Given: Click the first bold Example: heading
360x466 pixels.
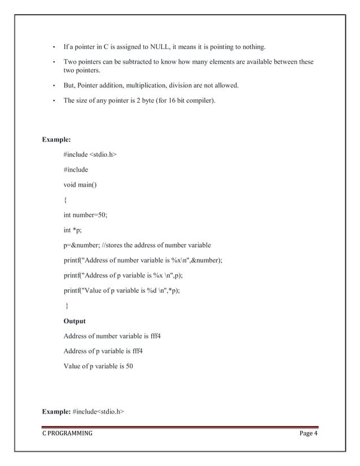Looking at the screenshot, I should (x=57, y=139).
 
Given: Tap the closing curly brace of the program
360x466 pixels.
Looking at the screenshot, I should (x=67, y=306).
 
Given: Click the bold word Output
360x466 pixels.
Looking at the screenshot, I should (x=74, y=321).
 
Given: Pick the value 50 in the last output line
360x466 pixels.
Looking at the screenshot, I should (x=129, y=367).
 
